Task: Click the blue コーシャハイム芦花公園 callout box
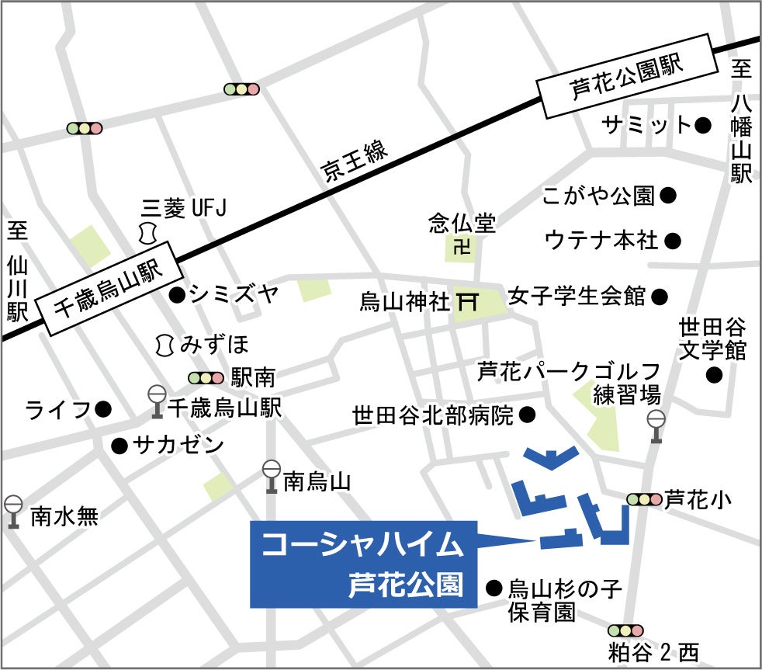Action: point(362,564)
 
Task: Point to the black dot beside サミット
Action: point(703,124)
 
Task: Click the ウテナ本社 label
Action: point(602,240)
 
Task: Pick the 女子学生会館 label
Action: point(577,297)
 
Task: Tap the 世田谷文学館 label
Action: point(712,338)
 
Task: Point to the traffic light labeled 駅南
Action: point(206,378)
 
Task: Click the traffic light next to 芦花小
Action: point(644,500)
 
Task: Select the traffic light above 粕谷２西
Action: point(626,631)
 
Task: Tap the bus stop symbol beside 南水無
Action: point(14,512)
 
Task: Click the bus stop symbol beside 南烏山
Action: point(272,476)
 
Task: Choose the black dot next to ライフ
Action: point(104,408)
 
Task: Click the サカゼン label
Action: point(178,446)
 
